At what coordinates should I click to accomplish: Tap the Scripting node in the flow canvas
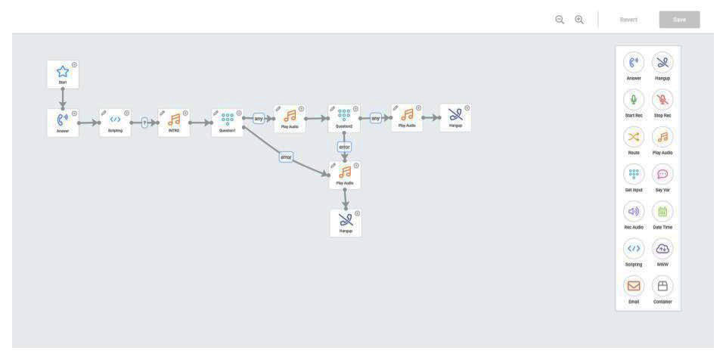[115, 121]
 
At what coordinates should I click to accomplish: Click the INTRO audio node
[174, 121]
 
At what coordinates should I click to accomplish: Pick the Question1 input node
[228, 121]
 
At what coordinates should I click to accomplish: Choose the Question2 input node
[344, 117]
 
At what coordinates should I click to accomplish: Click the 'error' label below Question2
[344, 147]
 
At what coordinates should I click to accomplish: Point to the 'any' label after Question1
[259, 118]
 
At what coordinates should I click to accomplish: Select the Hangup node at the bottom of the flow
[346, 222]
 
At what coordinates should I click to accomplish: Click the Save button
[679, 20]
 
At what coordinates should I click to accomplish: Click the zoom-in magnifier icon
[579, 20]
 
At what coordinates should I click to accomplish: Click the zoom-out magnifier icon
[560, 20]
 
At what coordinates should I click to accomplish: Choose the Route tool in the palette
[634, 137]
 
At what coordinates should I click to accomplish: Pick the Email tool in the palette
[634, 286]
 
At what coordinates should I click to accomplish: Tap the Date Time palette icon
[662, 212]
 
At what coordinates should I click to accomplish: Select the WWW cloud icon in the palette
[662, 249]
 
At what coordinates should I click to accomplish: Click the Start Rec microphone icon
[634, 100]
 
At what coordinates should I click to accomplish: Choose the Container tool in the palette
[662, 286]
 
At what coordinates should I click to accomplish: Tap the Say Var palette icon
[662, 174]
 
